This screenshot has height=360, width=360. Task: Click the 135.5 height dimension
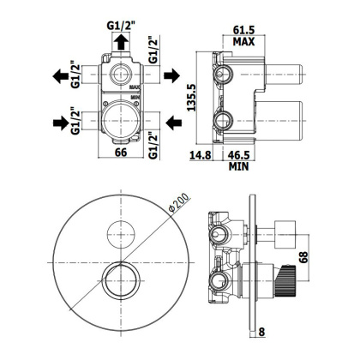pyautogui.click(x=191, y=98)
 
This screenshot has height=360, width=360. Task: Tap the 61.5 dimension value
pyautogui.click(x=243, y=30)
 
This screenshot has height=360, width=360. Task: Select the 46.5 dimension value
pyautogui.click(x=238, y=155)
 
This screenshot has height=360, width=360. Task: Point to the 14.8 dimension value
pyautogui.click(x=201, y=155)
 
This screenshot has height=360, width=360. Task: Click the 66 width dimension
pyautogui.click(x=121, y=153)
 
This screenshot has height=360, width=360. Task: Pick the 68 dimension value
pyautogui.click(x=304, y=257)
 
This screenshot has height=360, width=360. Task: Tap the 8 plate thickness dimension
pyautogui.click(x=261, y=332)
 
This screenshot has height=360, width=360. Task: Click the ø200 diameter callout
pyautogui.click(x=179, y=202)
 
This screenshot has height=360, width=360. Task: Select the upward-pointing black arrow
pyautogui.click(x=121, y=42)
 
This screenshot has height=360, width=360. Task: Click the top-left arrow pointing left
pyautogui.click(x=61, y=76)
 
